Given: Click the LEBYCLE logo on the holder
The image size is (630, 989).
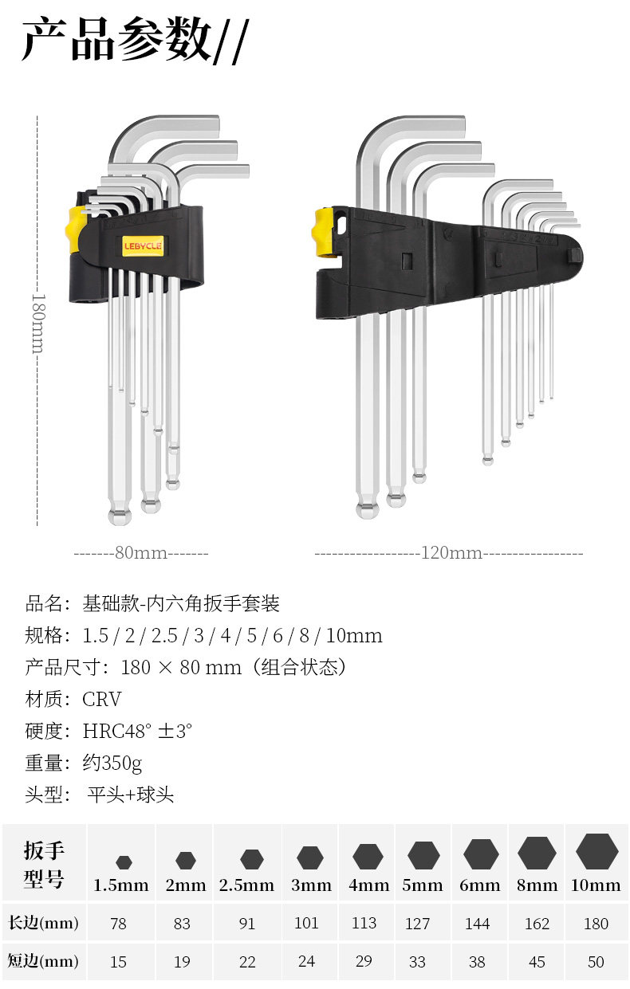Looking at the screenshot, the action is click(x=143, y=246).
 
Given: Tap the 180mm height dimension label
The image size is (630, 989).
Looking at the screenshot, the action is click(x=37, y=323).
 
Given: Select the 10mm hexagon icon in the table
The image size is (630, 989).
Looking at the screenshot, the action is click(x=597, y=852).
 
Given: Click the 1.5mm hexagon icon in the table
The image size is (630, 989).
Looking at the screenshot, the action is click(x=123, y=861).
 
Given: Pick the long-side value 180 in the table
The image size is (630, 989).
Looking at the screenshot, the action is click(x=596, y=924).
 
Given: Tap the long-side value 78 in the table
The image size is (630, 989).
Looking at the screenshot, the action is click(x=119, y=924).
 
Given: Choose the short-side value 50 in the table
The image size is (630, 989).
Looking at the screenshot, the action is click(x=596, y=962).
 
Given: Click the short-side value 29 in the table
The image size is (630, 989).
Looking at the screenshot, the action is click(x=364, y=961).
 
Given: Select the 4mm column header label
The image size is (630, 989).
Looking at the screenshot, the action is click(x=368, y=885).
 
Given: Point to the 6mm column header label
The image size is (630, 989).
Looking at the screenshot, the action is click(x=480, y=885).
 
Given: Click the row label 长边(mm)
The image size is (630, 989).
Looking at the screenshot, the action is click(x=43, y=924).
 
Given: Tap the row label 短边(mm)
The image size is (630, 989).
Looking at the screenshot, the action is click(x=43, y=962).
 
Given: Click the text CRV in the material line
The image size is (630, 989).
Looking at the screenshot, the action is click(x=102, y=700).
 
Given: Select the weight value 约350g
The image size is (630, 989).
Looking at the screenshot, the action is click(x=112, y=763).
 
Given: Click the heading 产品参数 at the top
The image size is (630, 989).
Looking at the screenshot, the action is click(x=116, y=39).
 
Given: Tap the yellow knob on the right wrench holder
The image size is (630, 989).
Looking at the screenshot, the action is click(x=322, y=231).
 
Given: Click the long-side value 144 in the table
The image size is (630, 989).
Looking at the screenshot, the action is click(x=478, y=924).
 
